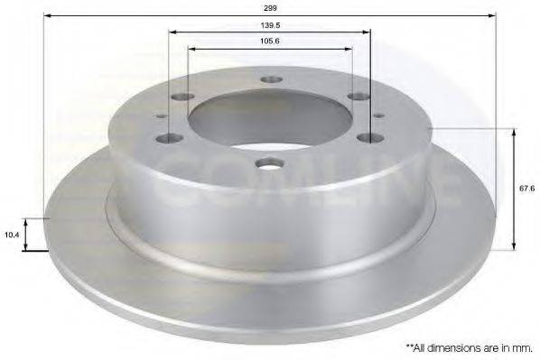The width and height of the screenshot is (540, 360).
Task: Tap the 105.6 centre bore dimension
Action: (269, 41)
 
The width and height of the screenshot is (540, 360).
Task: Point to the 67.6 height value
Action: (525, 190)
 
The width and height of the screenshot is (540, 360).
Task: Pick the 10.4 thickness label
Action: (12, 235)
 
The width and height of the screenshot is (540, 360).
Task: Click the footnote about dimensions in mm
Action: (468, 346)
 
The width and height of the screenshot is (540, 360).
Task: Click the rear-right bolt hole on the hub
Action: (358, 97)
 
